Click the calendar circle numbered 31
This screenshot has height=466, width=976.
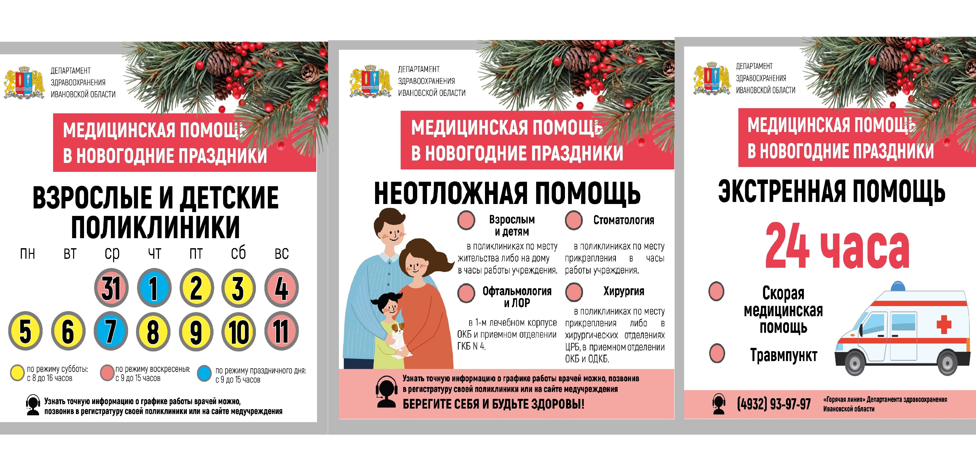click(111, 288)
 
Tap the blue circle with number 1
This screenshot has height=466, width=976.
click(154, 288)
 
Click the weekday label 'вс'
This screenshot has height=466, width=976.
click(282, 253)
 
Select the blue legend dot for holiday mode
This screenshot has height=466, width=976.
click(204, 373)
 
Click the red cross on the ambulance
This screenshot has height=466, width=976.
click(944, 324)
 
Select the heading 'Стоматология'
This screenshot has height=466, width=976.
click(623, 220)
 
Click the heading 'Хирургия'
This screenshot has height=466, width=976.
click(623, 291)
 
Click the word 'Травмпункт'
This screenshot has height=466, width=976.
click(784, 355)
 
